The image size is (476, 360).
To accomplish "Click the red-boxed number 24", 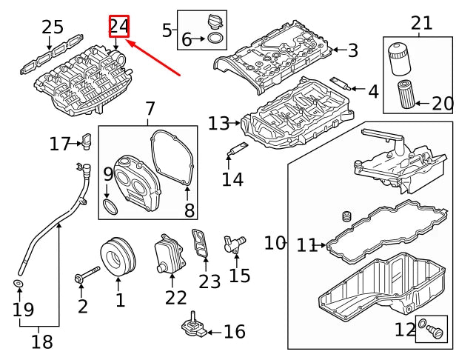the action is [119, 26].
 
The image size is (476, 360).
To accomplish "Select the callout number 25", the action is [53, 27].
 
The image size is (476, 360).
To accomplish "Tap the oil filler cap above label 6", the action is [215, 22].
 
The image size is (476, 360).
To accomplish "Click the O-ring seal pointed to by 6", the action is [215, 39].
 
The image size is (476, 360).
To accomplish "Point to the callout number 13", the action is [218, 124].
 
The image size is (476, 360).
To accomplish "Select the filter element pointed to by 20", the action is [407, 93].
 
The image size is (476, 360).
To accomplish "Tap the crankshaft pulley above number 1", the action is [118, 257].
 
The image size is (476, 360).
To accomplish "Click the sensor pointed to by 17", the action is [86, 141].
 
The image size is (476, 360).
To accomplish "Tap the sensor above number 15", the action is [234, 244].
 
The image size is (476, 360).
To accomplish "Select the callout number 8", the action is [190, 210].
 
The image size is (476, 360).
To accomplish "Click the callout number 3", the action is [353, 50].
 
